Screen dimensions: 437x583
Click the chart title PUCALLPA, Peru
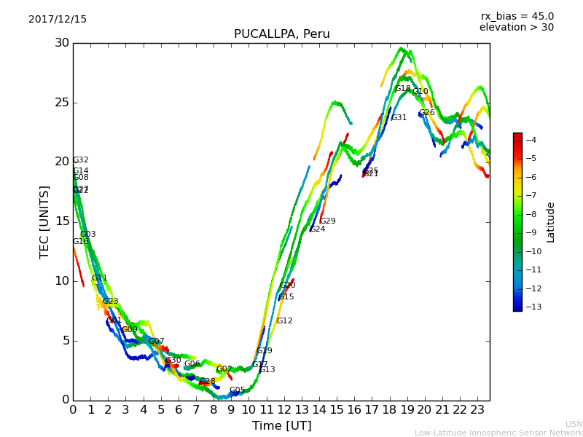click(281, 34)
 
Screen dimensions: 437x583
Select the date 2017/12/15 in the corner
click(58, 20)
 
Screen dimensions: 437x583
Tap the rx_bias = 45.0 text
click(517, 17)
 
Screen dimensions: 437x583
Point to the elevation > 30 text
click(516, 28)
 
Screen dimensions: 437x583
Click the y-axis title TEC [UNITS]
click(44, 221)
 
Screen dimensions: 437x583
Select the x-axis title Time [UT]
click(281, 426)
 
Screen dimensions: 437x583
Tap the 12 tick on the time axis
click(284, 410)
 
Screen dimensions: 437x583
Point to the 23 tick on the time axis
click(477, 410)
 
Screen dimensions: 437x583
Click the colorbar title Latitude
click(551, 222)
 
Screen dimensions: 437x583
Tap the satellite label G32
click(81, 160)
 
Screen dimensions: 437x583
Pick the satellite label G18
click(403, 89)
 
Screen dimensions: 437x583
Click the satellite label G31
click(399, 118)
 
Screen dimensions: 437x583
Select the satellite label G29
click(328, 221)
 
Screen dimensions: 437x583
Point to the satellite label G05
click(238, 390)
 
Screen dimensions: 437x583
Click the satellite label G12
click(284, 321)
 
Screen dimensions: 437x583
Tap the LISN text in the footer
click(574, 424)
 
